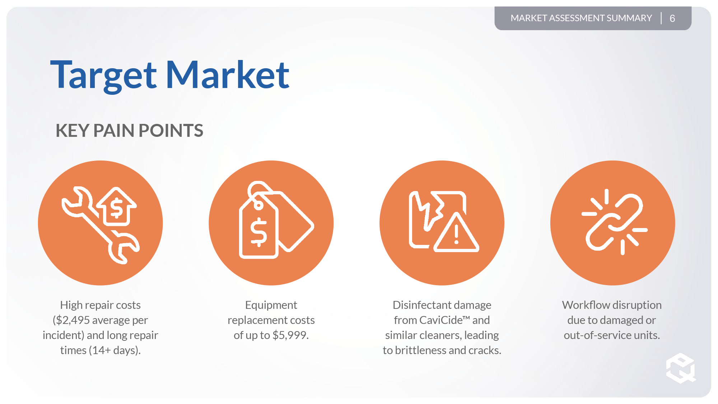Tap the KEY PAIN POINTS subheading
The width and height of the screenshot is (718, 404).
click(x=129, y=130)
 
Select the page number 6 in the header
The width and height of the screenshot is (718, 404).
click(x=672, y=18)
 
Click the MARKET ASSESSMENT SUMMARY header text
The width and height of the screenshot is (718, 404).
click(x=581, y=18)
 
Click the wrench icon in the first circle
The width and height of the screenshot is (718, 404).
click(x=101, y=225)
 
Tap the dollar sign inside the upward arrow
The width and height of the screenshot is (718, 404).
click(x=117, y=209)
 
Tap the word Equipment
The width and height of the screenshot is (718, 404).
click(x=271, y=305)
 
